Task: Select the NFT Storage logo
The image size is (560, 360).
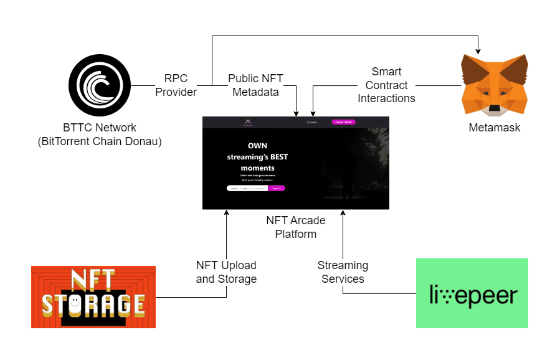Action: pyautogui.click(x=93, y=297)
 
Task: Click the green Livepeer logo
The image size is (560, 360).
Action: pyautogui.click(x=472, y=293)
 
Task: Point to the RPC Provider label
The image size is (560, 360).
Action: pyautogui.click(x=176, y=85)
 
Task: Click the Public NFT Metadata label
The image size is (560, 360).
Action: pyautogui.click(x=255, y=85)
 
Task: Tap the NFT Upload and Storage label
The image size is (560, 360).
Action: pyautogui.click(x=226, y=272)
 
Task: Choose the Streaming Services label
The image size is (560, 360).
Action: pyautogui.click(x=343, y=272)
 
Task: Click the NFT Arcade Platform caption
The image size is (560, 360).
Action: pyautogui.click(x=296, y=227)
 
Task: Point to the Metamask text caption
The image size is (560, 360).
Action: pyautogui.click(x=494, y=128)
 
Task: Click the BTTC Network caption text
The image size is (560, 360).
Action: pyautogui.click(x=100, y=134)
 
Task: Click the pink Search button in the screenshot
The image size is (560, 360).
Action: pyautogui.click(x=277, y=187)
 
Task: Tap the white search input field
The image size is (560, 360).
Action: pyautogui.click(x=247, y=187)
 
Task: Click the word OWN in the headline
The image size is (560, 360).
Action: pyautogui.click(x=257, y=146)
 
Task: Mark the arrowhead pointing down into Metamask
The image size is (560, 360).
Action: pyautogui.click(x=478, y=50)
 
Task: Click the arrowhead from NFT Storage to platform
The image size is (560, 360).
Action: pyautogui.click(x=227, y=214)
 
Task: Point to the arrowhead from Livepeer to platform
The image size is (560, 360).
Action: pyautogui.click(x=343, y=214)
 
